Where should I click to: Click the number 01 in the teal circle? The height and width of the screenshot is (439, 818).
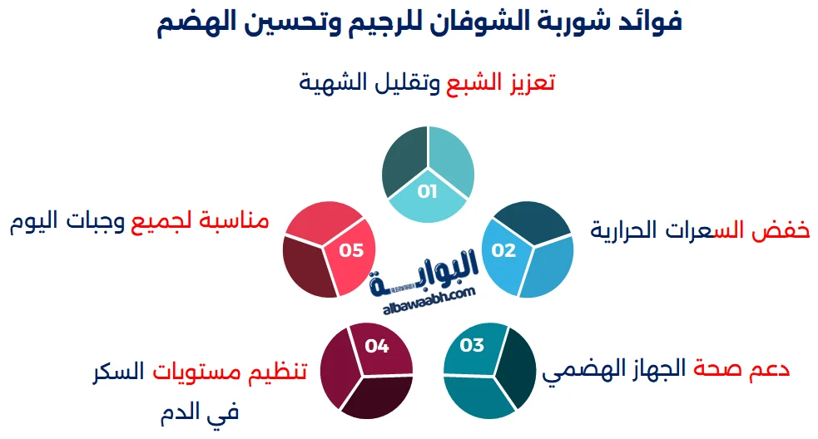pos(428,192)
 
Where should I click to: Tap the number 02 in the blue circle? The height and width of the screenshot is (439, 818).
pos(503,249)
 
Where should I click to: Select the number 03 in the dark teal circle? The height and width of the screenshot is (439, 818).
pos(472,345)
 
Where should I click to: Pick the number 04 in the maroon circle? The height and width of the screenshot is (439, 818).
pos(377,346)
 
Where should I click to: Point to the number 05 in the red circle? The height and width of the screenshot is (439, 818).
pos(352,250)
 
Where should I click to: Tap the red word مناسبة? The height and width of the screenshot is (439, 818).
pos(240,221)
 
